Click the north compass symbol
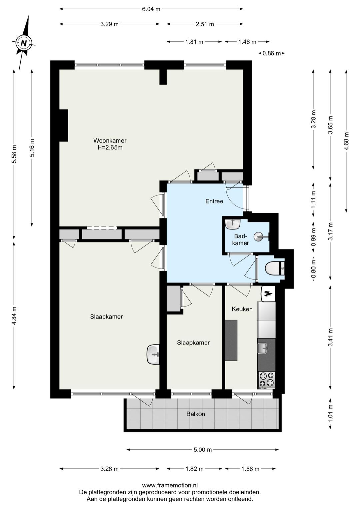coord(24,43)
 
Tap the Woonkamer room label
coord(110,140)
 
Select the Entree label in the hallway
coord(214,201)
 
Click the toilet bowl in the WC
coord(273,268)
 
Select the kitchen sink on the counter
coord(263,349)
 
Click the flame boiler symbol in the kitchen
coord(268,294)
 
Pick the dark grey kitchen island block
coord(231,340)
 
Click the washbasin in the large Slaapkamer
coord(153,355)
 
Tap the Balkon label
coord(196,414)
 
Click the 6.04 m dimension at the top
coord(151,9)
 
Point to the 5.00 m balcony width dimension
coord(203,450)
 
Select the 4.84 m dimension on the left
coord(14,316)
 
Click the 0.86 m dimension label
coord(271,53)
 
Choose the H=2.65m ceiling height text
coord(110,147)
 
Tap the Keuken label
coord(242,309)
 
